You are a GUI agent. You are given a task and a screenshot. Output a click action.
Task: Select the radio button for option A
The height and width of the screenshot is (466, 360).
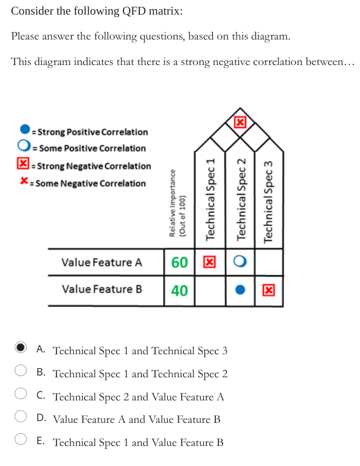21,348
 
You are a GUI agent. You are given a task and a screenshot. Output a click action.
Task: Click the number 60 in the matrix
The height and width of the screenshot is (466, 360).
179,262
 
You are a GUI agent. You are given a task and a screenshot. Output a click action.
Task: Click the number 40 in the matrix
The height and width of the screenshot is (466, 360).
179,290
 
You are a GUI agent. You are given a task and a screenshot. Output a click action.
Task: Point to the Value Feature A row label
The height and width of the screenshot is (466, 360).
102,262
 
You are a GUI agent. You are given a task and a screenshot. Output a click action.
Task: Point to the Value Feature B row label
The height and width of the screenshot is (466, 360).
102,289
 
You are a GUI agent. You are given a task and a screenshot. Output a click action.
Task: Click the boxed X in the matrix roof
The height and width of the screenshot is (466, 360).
240,122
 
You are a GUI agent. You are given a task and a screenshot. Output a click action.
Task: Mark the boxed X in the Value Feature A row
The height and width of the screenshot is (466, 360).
209,262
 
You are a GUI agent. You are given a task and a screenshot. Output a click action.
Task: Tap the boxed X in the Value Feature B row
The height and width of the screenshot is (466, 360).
268,290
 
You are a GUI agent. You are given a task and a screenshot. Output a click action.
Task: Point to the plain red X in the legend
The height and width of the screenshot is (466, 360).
24,182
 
